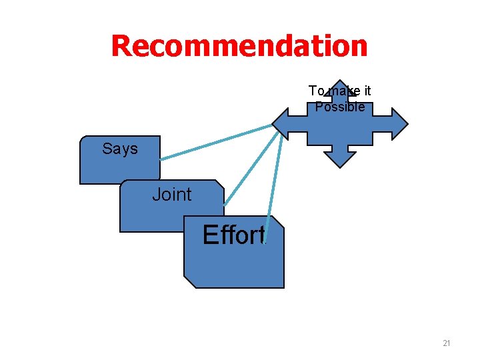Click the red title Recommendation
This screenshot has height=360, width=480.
(239, 46)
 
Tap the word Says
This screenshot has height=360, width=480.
(120, 149)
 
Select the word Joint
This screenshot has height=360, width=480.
(171, 195)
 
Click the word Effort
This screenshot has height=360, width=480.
(233, 235)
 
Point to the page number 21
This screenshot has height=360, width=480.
(447, 343)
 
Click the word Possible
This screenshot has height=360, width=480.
(340, 107)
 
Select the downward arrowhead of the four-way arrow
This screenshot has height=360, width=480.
(340, 159)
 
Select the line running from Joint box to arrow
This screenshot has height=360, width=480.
(250, 167)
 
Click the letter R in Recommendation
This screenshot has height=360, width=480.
(122, 46)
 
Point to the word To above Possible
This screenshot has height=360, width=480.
(316, 91)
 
